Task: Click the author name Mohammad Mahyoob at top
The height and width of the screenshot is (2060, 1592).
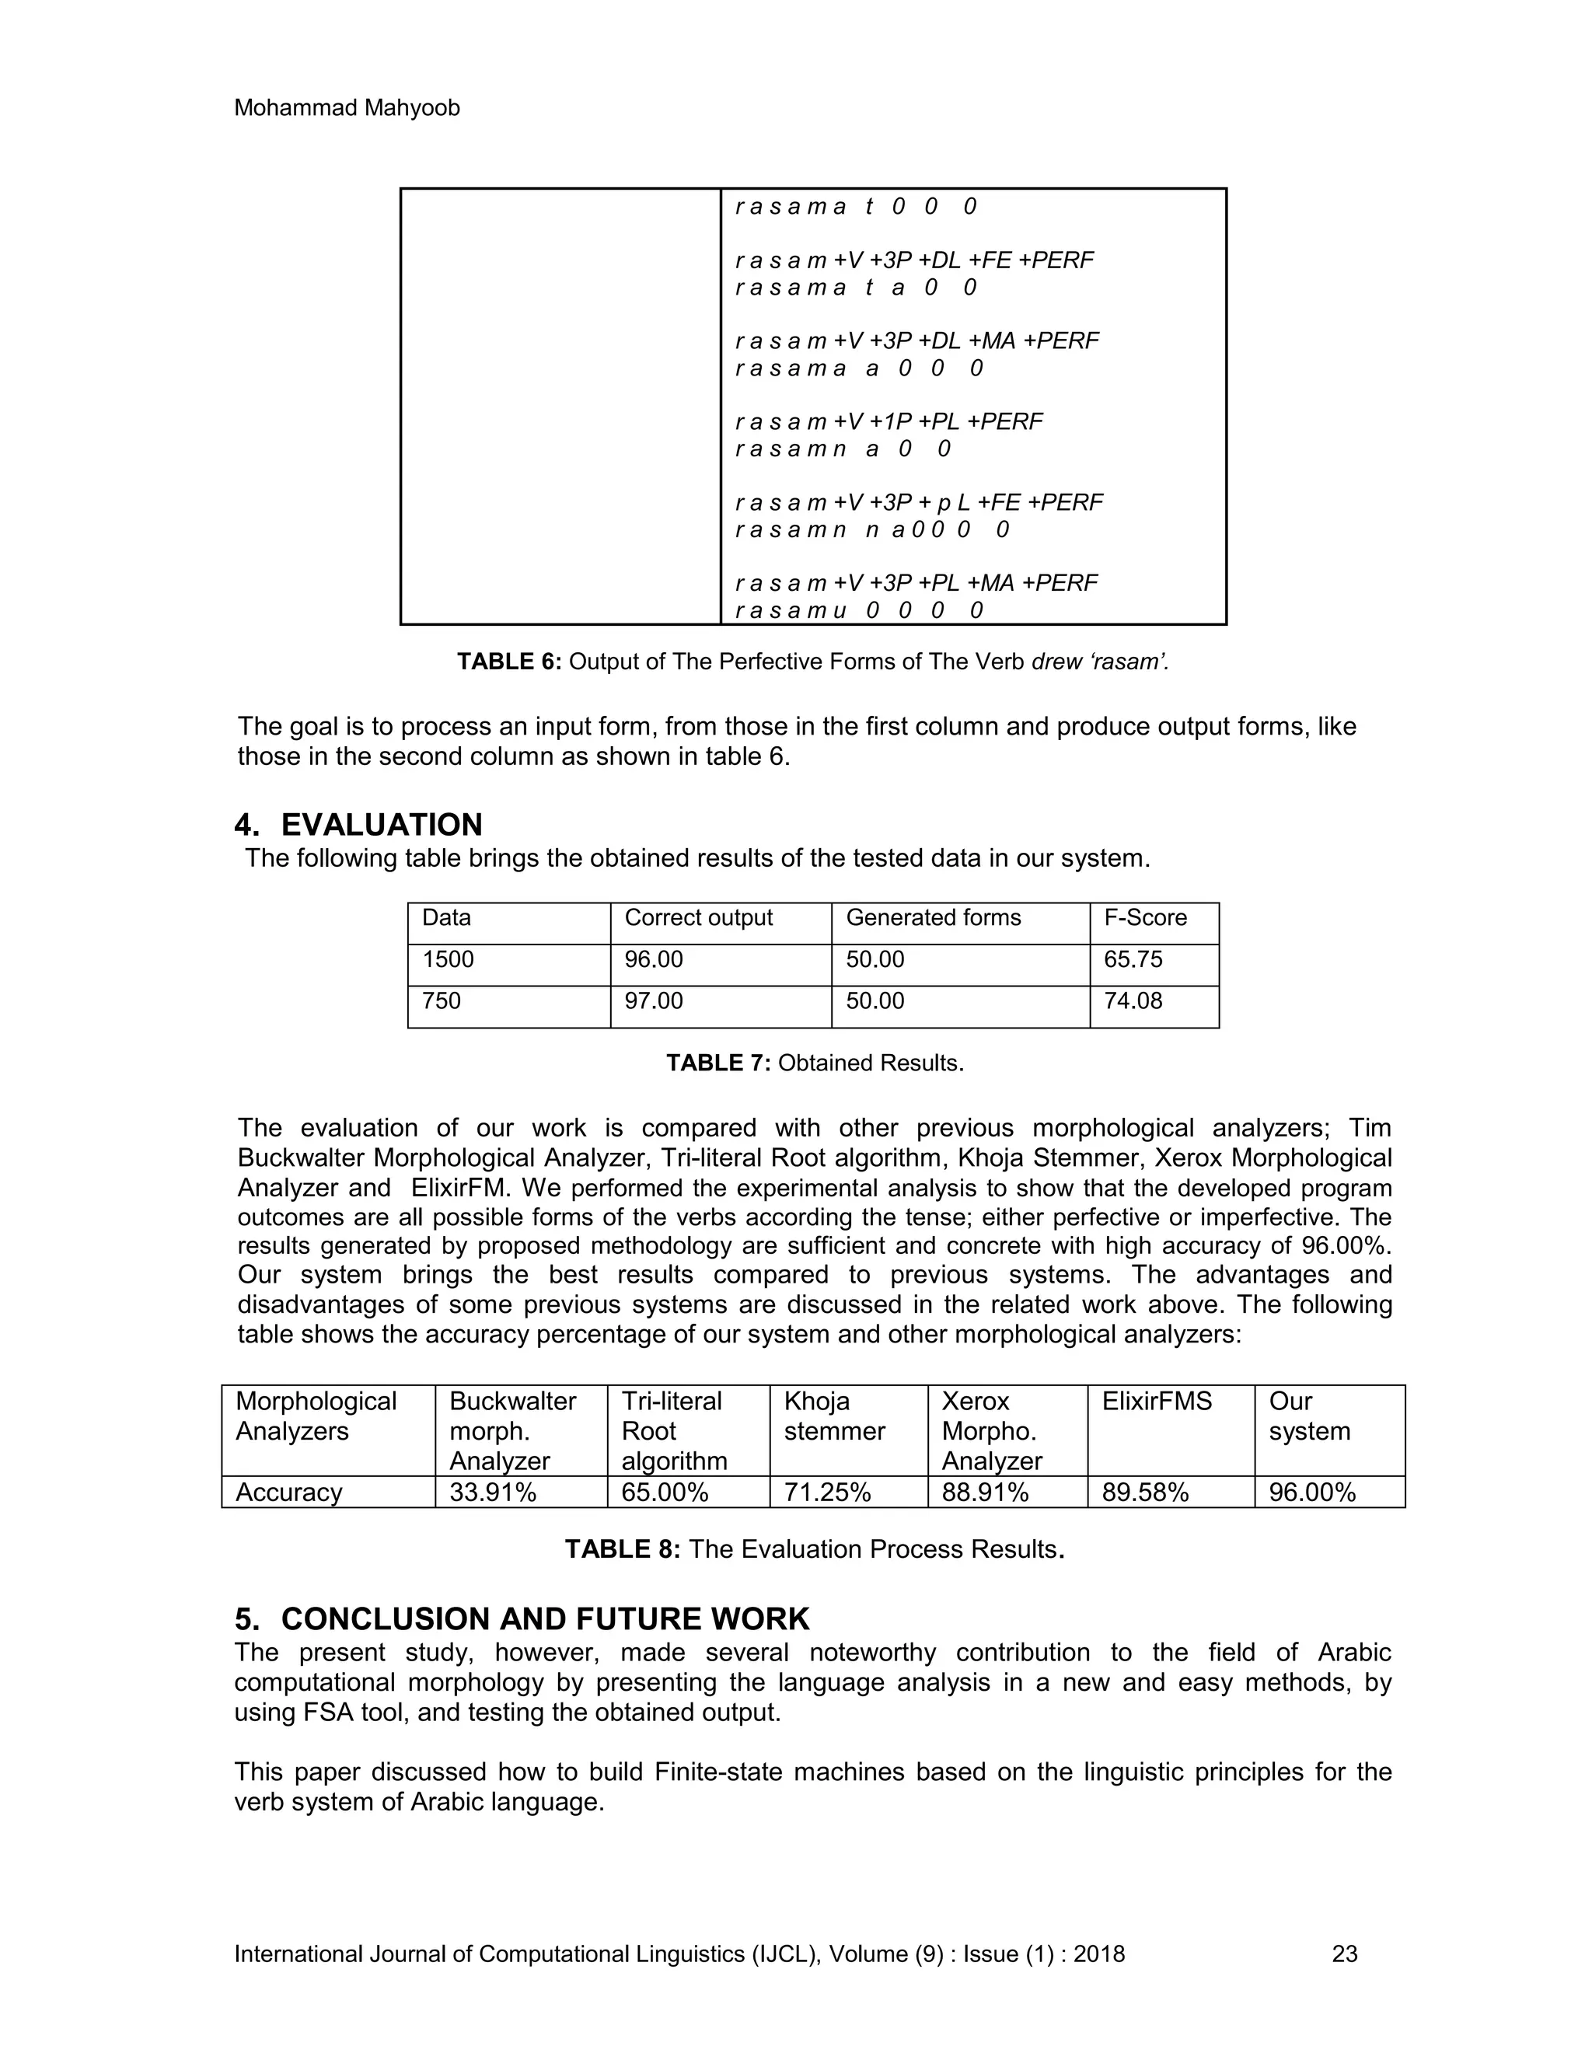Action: click(x=346, y=109)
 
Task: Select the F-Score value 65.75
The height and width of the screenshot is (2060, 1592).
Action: click(x=1133, y=959)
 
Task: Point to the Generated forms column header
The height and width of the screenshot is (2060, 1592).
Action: click(x=933, y=918)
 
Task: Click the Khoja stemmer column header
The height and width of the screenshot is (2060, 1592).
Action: click(x=834, y=1416)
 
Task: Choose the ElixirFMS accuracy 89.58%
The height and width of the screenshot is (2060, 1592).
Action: click(x=1145, y=1493)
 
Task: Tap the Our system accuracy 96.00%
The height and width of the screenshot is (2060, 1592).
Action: click(x=1312, y=1493)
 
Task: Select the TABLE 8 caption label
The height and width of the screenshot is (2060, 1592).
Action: click(x=622, y=1550)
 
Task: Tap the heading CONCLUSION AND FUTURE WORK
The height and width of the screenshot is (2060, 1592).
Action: click(x=544, y=1618)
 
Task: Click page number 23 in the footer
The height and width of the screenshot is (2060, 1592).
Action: click(x=1344, y=1954)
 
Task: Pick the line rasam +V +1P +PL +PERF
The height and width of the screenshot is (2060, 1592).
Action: click(x=889, y=421)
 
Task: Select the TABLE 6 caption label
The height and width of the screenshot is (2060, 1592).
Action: click(x=509, y=662)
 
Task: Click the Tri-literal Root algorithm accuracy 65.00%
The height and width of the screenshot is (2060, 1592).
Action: click(x=664, y=1493)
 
